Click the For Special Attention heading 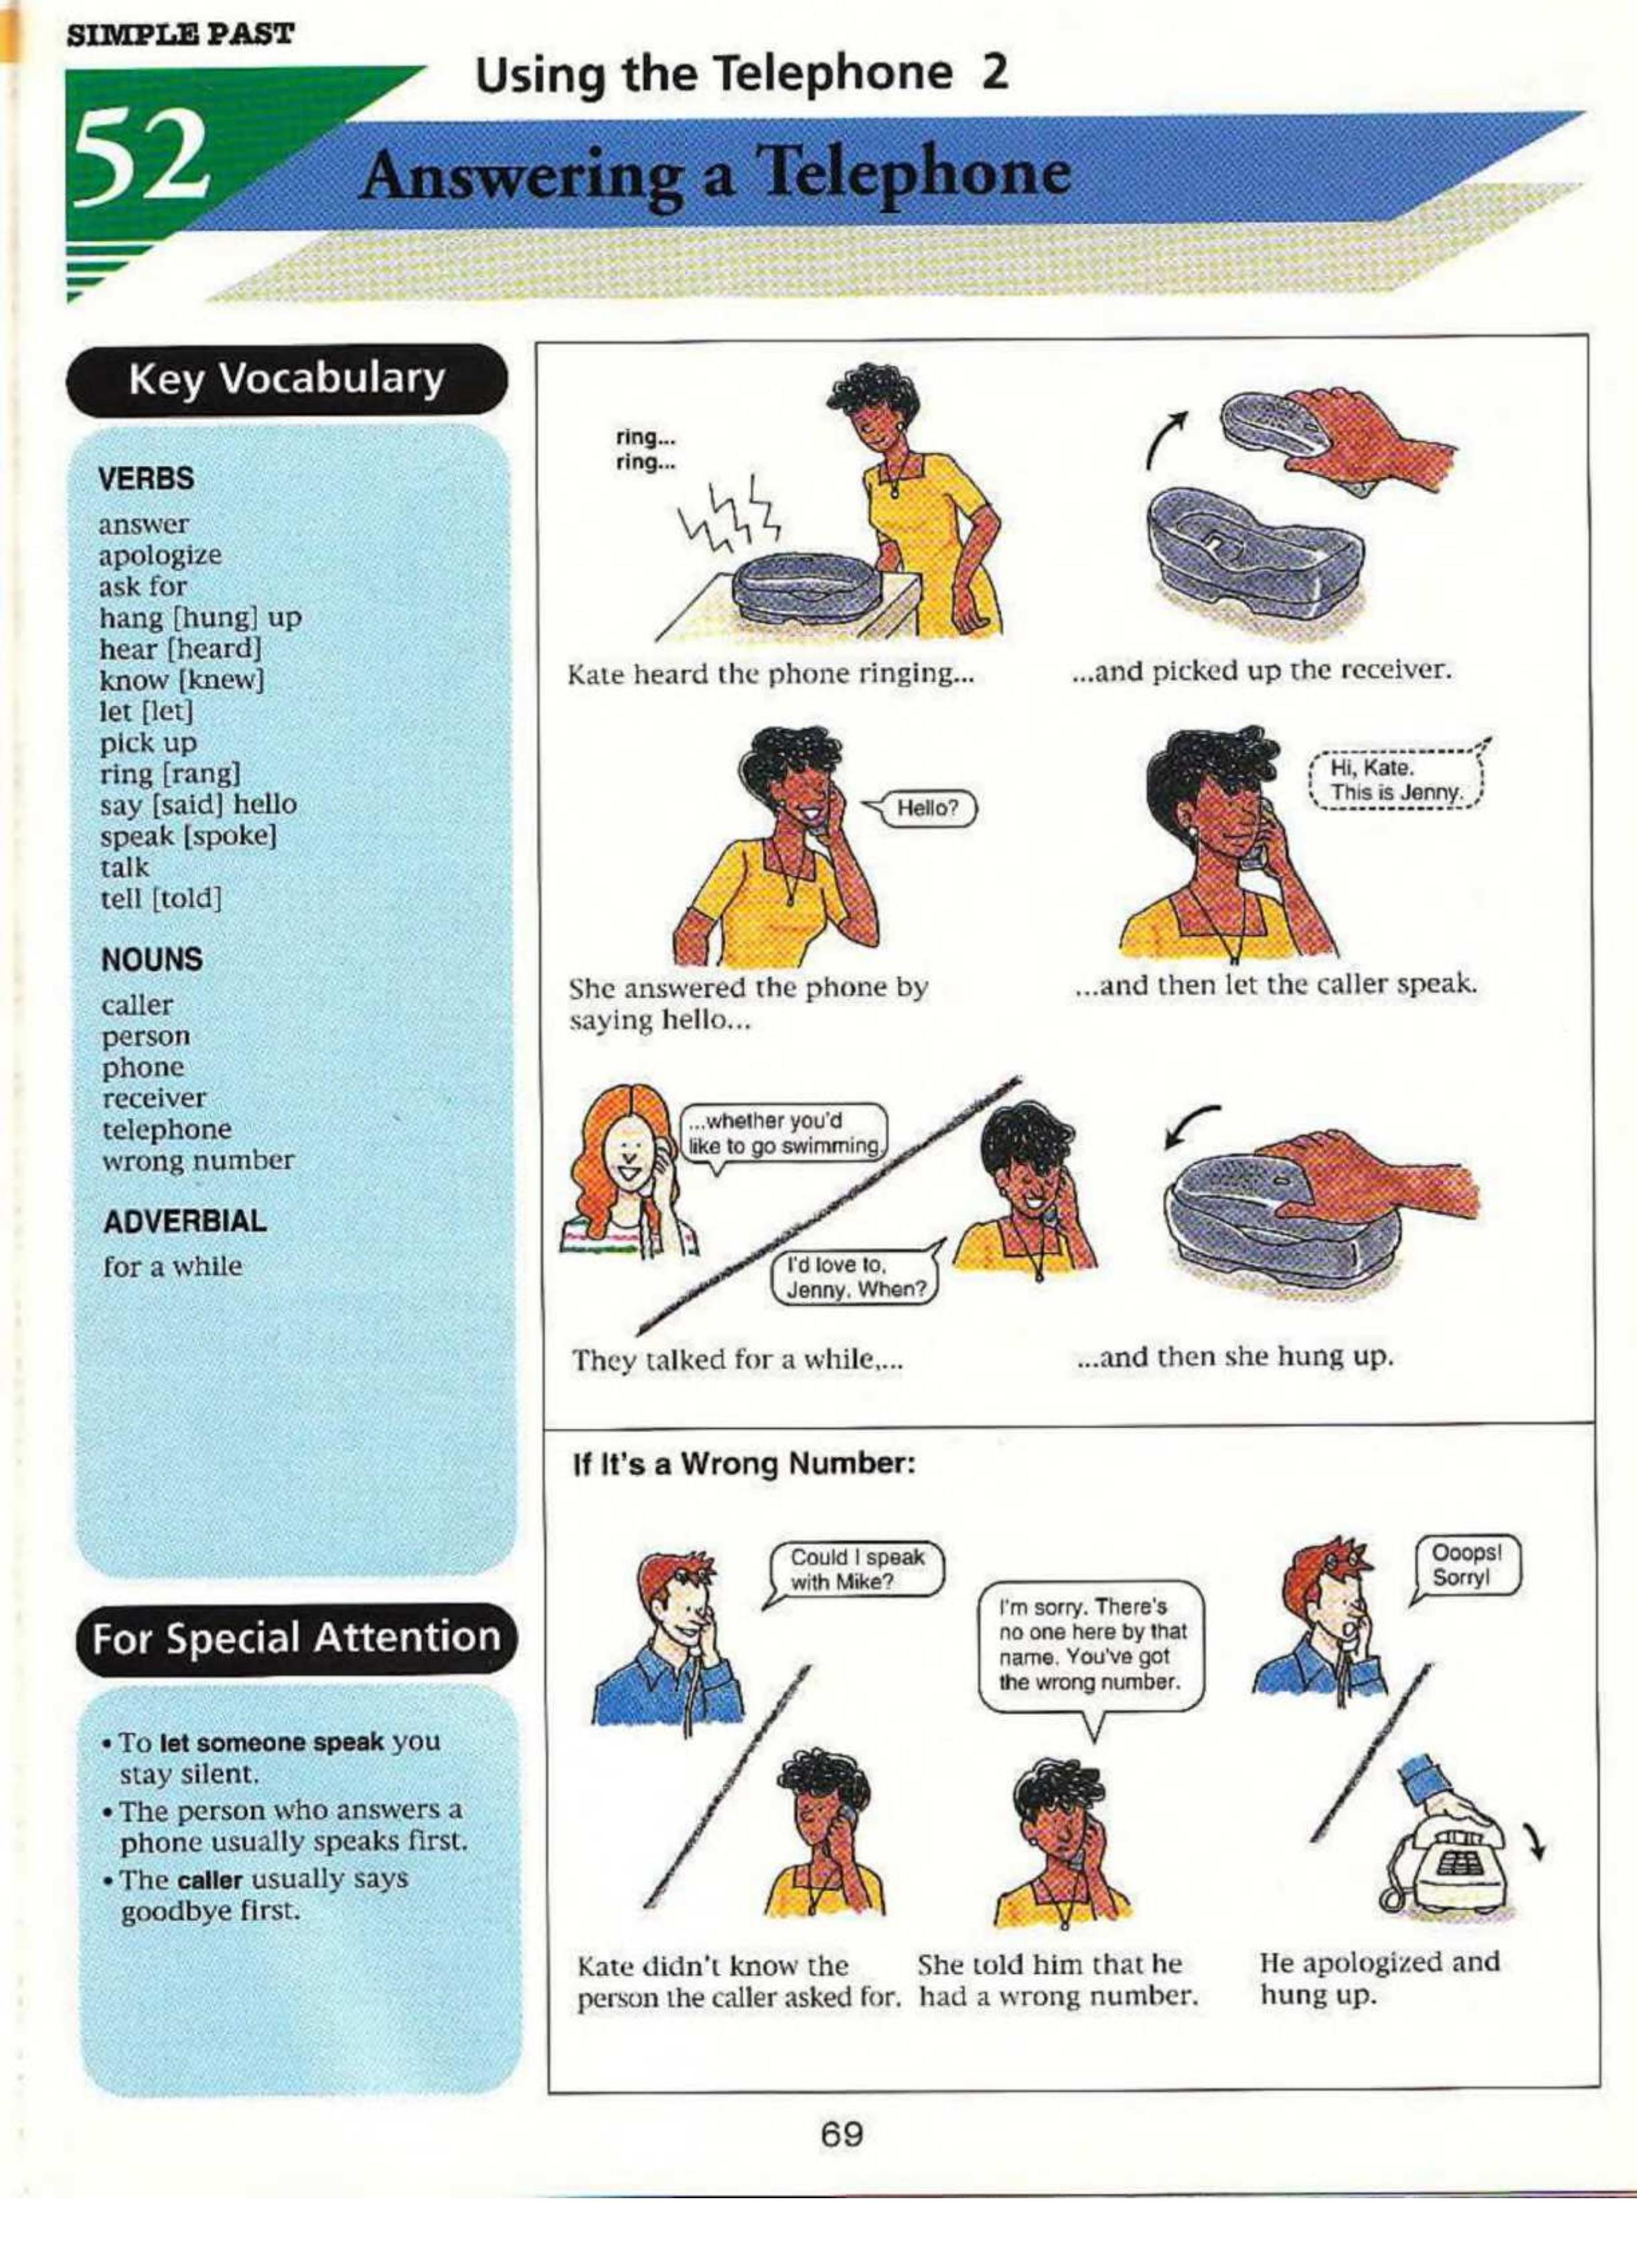pyautogui.click(x=296, y=1638)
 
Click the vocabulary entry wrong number pyautogui.click(x=197, y=1161)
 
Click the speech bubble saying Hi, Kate pyautogui.click(x=1395, y=782)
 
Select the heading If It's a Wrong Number pyautogui.click(x=743, y=1464)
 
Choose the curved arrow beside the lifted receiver pyautogui.click(x=1163, y=440)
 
